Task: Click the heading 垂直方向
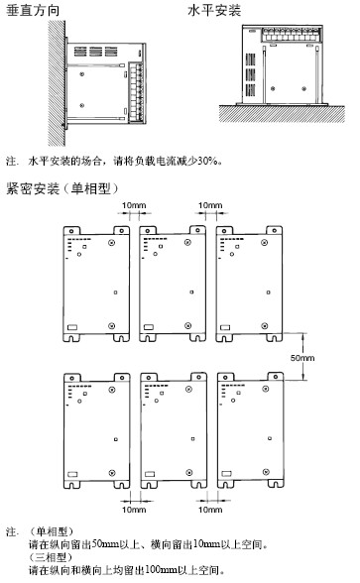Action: (x=33, y=10)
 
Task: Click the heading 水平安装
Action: (x=214, y=10)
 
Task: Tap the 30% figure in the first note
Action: (x=206, y=161)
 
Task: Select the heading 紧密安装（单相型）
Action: (x=62, y=188)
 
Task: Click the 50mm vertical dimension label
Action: (x=301, y=358)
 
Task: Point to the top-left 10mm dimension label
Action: (x=134, y=205)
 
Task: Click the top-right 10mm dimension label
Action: (x=210, y=205)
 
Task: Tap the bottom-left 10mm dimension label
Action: (x=134, y=509)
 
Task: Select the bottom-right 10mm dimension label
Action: (x=210, y=509)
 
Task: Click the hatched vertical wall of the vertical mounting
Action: (x=57, y=82)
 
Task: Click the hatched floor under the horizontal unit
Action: (x=282, y=114)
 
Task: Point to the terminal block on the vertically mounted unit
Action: (x=137, y=93)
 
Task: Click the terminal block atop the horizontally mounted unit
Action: (x=291, y=34)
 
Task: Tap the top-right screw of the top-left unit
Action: (x=111, y=243)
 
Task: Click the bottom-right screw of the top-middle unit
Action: (x=187, y=325)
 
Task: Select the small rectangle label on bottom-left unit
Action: (x=72, y=474)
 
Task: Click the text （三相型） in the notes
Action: (x=51, y=557)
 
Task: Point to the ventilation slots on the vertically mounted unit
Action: (x=95, y=52)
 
